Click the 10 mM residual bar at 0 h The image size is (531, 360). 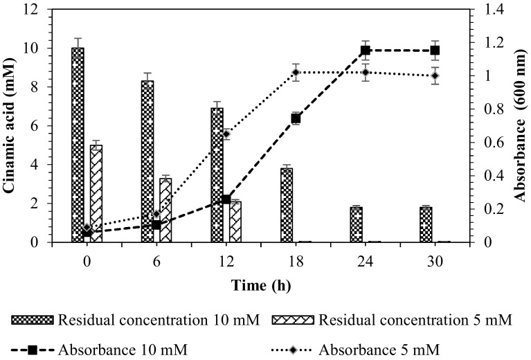click(x=78, y=145)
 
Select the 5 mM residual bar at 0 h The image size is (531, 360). click(x=96, y=194)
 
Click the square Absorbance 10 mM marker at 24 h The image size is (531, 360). click(x=366, y=51)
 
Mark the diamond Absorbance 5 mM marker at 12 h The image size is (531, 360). click(x=226, y=134)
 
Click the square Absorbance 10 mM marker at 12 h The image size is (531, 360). click(x=226, y=199)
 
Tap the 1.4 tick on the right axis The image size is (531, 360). click(x=483, y=10)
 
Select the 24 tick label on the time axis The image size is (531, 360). click(x=366, y=263)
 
